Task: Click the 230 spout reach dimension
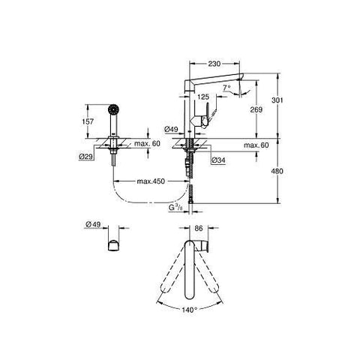tap(214, 64)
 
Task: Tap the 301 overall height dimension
tap(277, 100)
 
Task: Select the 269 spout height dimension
tap(256, 109)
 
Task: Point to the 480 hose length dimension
tap(277, 171)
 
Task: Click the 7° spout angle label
tap(226, 88)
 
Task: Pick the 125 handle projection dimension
tap(203, 97)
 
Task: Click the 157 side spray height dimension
tap(88, 121)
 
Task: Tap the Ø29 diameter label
tap(85, 157)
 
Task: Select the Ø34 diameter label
tap(218, 160)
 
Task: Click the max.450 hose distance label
tap(151, 181)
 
